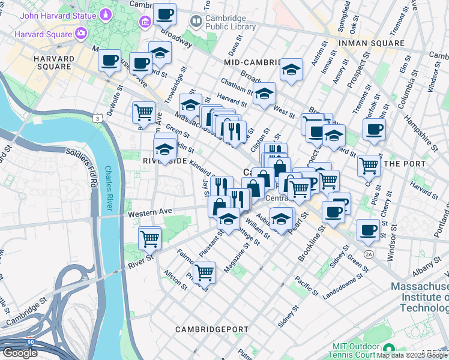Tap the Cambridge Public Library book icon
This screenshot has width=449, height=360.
pos(196,22)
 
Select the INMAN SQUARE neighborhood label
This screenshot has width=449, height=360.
pos(371,43)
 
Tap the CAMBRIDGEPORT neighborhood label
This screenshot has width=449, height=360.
pos(211,329)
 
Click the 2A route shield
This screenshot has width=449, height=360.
pos(369,254)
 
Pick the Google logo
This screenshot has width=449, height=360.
pos(20,353)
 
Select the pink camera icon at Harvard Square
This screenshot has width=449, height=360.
pos(80,33)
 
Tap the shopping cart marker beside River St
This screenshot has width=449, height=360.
pos(149,238)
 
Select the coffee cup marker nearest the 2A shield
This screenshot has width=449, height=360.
pos(368,229)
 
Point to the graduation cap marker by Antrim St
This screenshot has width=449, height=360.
pos(292,70)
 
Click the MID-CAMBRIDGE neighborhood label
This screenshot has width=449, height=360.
pos(252,62)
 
